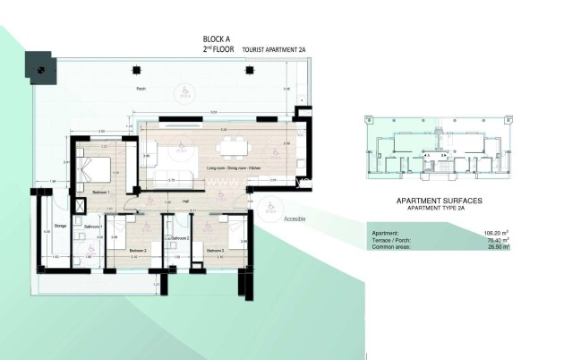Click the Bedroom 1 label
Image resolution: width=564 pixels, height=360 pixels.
pos(101,193)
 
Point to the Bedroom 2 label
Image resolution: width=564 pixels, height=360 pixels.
pos(138,250)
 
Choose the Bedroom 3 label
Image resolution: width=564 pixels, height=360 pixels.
pos(214,250)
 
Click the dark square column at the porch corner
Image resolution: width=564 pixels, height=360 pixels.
pos(41,64)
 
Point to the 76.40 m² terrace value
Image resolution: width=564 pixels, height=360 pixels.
pos(494,240)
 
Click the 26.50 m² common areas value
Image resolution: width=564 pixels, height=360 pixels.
pos(495,247)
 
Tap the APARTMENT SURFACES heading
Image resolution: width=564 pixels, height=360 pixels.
pos(440,202)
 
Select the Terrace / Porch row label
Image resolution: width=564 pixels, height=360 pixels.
pos(390,240)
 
